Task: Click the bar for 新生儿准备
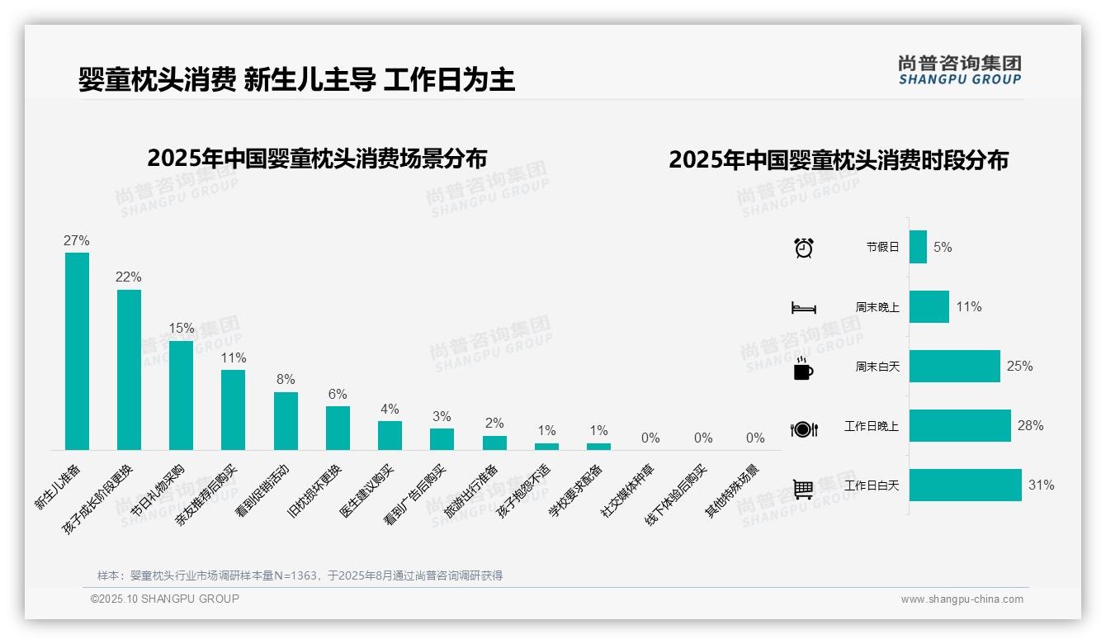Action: (x=77, y=351)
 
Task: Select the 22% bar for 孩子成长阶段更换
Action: (x=129, y=369)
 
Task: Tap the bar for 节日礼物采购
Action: (x=181, y=395)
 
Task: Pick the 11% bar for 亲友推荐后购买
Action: (x=233, y=410)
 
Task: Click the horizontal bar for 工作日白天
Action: (x=965, y=485)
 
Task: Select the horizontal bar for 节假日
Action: (x=918, y=247)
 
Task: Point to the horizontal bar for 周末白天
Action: (x=954, y=366)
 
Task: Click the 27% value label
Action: (x=76, y=241)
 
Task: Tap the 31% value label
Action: (x=1041, y=485)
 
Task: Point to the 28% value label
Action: (x=1030, y=426)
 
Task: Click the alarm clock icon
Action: (x=803, y=247)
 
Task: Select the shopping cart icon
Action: (x=803, y=489)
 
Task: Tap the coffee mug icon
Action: (x=803, y=369)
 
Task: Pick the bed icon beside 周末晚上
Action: (x=803, y=308)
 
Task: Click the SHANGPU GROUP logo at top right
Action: (x=959, y=70)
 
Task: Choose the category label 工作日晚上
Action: (x=871, y=427)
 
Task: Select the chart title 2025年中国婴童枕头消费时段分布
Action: (x=839, y=160)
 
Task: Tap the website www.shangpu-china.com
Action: (x=962, y=599)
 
